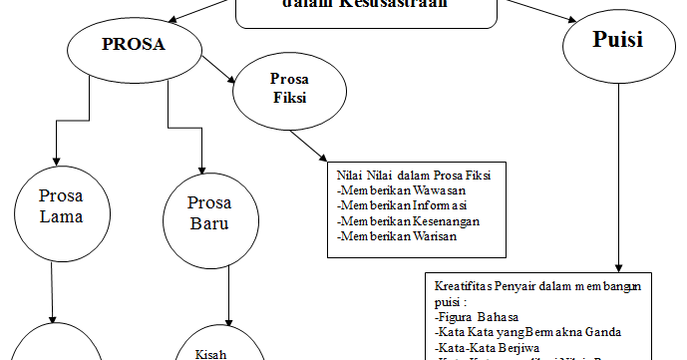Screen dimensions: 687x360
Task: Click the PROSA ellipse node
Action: [133, 45]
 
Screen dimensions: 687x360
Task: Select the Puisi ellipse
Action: [616, 42]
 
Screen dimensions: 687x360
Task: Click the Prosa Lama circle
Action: [61, 204]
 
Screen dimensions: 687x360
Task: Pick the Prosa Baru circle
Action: [209, 211]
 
